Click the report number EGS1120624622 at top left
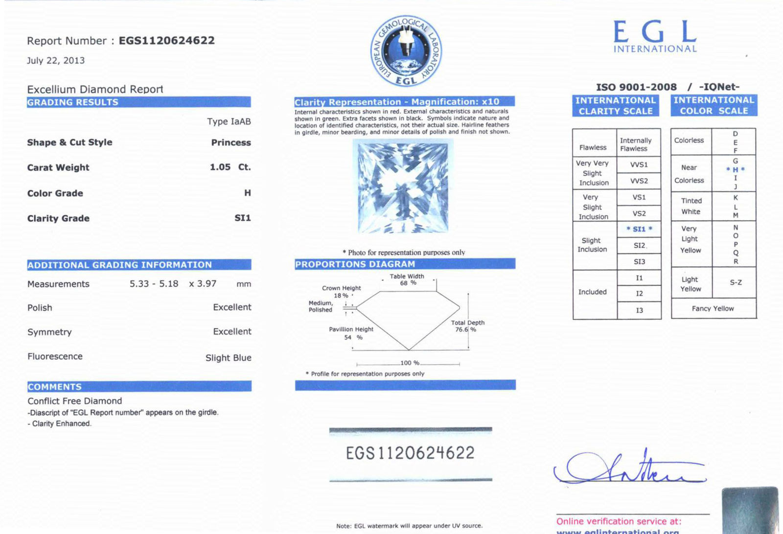click(166, 41)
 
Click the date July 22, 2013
click(56, 61)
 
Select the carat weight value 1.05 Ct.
click(230, 167)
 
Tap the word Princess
click(231, 142)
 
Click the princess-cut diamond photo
click(403, 186)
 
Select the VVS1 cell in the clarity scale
click(639, 164)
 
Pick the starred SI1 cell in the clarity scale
click(639, 229)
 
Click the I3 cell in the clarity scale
click(639, 310)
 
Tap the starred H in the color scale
click(735, 170)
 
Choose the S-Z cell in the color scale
click(736, 282)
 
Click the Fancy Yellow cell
click(713, 309)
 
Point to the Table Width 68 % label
click(407, 279)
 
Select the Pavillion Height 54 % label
click(351, 333)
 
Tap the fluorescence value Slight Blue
click(228, 358)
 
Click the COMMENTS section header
click(55, 387)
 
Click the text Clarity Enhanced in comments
click(62, 424)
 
